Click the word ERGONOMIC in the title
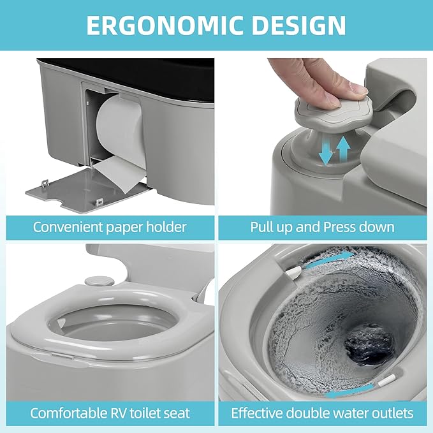click(164, 26)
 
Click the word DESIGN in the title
click(298, 26)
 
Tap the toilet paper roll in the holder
click(121, 130)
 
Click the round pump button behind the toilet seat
click(99, 281)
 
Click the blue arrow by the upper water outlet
click(329, 261)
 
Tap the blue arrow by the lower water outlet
click(350, 392)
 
